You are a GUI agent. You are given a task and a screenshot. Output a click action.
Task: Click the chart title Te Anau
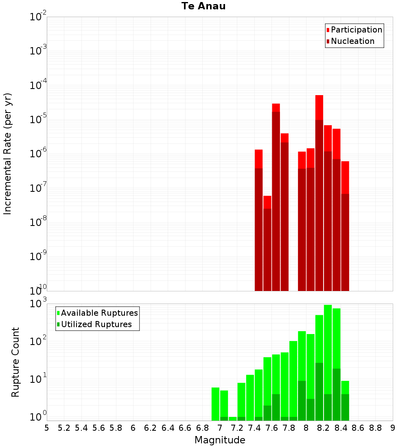(203, 6)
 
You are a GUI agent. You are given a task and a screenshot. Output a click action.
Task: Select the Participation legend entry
(354, 30)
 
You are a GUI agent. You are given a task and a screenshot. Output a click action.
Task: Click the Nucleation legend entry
(350, 41)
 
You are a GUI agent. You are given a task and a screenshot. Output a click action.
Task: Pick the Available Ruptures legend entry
(97, 313)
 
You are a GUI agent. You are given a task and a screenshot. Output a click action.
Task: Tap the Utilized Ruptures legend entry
(94, 324)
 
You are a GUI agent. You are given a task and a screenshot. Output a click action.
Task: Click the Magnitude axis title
(220, 440)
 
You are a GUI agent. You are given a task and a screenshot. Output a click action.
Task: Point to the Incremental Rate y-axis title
(7, 154)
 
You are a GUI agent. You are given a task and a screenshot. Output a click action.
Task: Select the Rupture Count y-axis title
(15, 362)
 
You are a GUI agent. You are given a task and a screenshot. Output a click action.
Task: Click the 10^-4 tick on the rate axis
(38, 85)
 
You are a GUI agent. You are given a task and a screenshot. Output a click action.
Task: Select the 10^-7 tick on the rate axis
(38, 187)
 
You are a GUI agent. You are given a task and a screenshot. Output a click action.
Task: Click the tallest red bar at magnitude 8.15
(319, 193)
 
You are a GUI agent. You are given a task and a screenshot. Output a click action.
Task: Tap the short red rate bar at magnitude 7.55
(267, 243)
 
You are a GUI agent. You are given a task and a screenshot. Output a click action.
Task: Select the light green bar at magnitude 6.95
(215, 404)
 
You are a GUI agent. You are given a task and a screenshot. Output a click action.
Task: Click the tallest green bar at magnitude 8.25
(328, 362)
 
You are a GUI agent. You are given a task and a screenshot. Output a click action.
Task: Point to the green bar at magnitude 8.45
(345, 401)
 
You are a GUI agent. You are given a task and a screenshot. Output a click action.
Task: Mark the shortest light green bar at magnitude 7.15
(232, 419)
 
